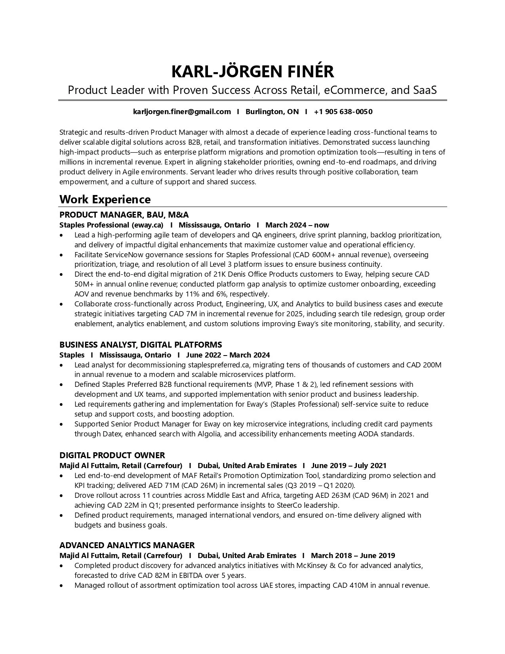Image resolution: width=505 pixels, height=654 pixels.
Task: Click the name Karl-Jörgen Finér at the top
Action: tap(252, 71)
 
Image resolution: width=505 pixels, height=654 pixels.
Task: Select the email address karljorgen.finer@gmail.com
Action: tap(182, 112)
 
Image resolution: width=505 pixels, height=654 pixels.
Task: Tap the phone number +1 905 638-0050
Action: tap(343, 112)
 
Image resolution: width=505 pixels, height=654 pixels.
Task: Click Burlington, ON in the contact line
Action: tap(272, 112)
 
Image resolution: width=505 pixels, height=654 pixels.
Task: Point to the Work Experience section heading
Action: tap(105, 199)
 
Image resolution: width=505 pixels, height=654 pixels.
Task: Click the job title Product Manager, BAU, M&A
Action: tap(124, 215)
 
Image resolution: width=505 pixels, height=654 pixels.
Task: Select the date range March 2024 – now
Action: tap(297, 225)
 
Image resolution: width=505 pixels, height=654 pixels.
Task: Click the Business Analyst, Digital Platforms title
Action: tap(141, 344)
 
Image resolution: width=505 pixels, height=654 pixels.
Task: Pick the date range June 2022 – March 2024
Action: tap(228, 355)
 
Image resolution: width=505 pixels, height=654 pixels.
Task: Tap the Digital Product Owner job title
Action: tap(112, 455)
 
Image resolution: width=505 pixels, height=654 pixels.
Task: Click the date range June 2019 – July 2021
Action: tap(349, 465)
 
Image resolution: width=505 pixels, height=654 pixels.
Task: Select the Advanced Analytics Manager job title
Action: tap(127, 545)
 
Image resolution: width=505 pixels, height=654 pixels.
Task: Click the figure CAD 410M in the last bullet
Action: tap(350, 585)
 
